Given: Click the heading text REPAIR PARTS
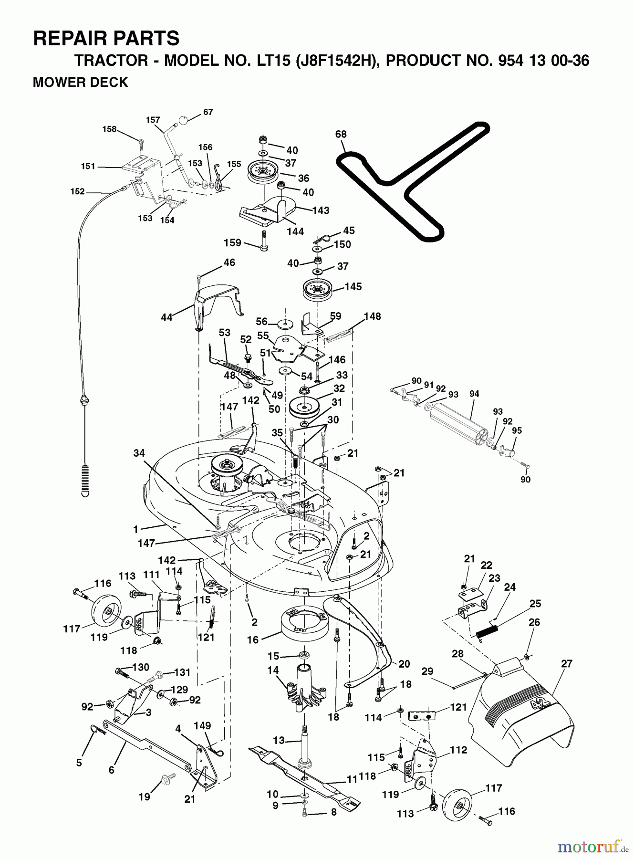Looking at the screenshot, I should point(106,38).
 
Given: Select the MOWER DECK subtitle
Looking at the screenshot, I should point(80,83).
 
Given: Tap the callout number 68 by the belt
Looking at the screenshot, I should point(341,134).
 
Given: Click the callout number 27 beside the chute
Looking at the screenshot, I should point(567,663).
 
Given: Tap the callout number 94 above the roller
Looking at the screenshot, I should point(474,394).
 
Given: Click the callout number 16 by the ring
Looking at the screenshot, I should point(252,639).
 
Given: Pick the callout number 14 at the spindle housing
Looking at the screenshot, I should point(272,670).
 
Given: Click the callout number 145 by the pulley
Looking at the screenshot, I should point(353,287).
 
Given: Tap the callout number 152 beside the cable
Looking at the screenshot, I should point(77,191).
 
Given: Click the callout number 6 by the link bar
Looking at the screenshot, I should point(111,770).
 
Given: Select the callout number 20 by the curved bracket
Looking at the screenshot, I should point(404,664).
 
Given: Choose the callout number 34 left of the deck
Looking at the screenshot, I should point(139,453).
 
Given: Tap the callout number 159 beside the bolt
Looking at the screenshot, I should point(232,243).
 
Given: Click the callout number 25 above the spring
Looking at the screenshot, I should point(535,603).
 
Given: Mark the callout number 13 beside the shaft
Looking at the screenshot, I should point(278,740).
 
